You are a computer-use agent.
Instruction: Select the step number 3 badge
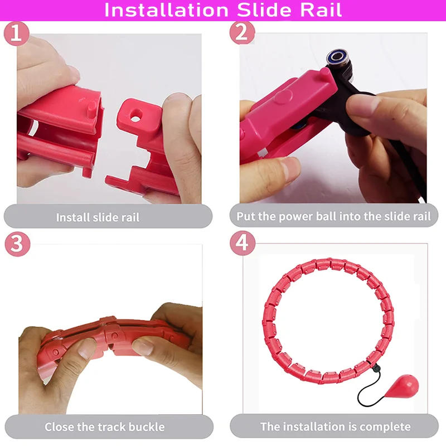(x=16, y=244)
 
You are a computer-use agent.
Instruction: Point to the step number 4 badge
(x=242, y=244)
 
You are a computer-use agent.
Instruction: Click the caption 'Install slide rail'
(x=98, y=217)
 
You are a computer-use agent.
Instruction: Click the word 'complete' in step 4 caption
(x=384, y=428)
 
